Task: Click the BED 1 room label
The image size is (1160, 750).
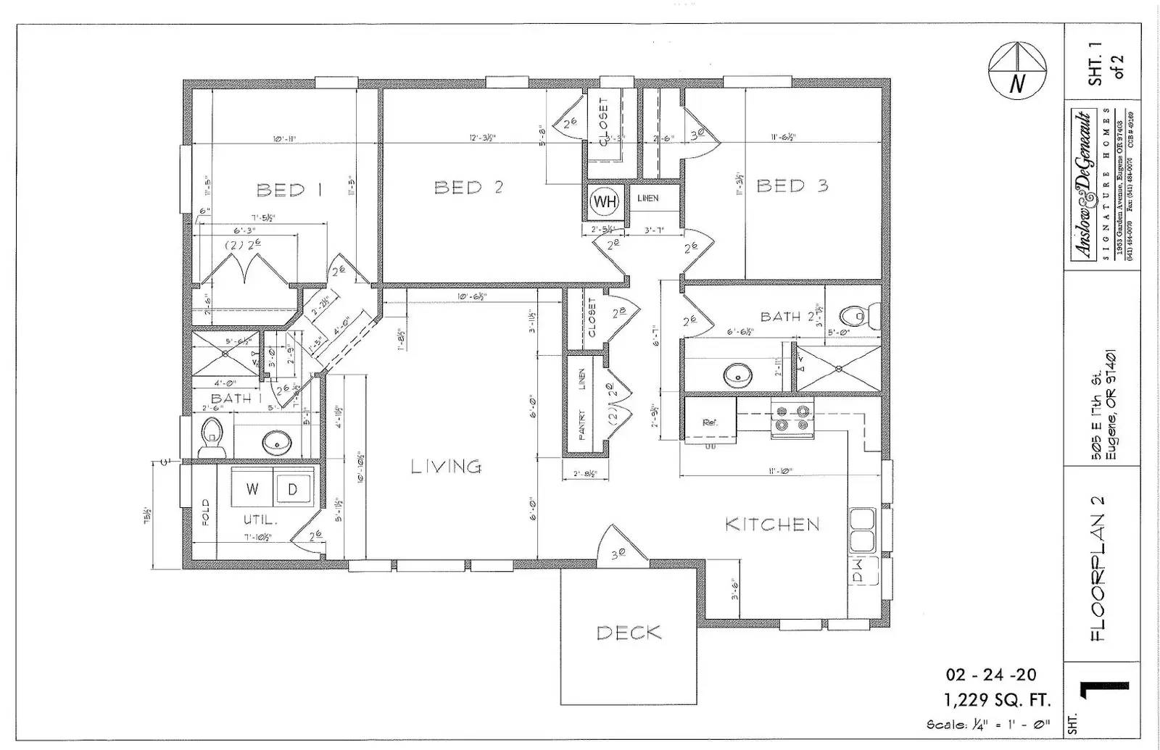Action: point(289,190)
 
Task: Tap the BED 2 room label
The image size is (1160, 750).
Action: point(468,187)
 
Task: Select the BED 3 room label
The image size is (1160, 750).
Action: point(792,186)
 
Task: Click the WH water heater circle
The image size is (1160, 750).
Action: point(604,201)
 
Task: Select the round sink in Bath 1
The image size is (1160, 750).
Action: point(276,440)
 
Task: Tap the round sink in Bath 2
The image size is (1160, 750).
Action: point(738,375)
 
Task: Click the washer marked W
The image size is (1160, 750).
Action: point(252,489)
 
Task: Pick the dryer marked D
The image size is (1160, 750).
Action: point(293,489)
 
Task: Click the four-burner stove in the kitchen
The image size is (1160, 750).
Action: point(792,418)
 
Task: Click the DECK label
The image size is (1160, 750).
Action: point(629,633)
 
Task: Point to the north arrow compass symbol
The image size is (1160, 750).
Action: point(1018,70)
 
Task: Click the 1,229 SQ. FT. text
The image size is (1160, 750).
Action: point(997,700)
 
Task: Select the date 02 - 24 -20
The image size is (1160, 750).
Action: point(991,675)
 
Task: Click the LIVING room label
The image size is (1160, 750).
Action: point(446,467)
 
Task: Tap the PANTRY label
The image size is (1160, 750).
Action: point(581,426)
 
